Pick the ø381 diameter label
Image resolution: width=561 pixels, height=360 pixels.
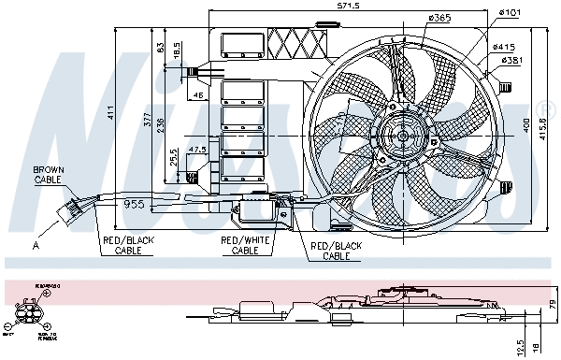(x=511, y=60)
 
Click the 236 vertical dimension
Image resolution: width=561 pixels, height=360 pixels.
(x=161, y=126)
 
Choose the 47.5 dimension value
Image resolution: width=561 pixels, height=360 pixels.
(x=196, y=151)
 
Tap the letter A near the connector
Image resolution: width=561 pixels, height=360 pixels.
(x=36, y=245)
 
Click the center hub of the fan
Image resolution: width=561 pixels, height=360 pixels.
(x=404, y=137)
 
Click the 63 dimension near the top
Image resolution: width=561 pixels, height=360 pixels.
(x=161, y=47)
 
